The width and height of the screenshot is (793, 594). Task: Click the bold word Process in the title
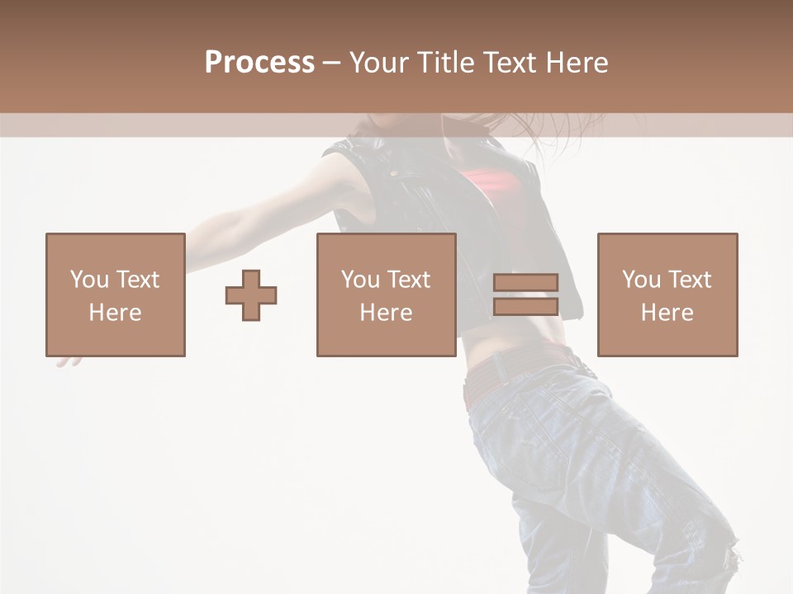[259, 63]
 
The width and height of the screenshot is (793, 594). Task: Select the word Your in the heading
[378, 63]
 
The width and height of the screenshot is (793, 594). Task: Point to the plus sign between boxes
[251, 295]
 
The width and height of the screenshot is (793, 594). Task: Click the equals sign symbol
[525, 295]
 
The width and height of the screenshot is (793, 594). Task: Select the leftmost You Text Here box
[116, 295]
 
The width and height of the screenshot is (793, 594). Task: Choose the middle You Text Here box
[387, 295]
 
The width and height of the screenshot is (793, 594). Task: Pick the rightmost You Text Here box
[667, 295]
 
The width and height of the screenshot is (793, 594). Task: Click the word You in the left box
[89, 280]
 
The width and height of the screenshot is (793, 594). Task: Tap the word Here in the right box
[667, 312]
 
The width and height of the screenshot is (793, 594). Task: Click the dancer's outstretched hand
[68, 360]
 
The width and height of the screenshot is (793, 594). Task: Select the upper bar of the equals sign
[525, 283]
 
